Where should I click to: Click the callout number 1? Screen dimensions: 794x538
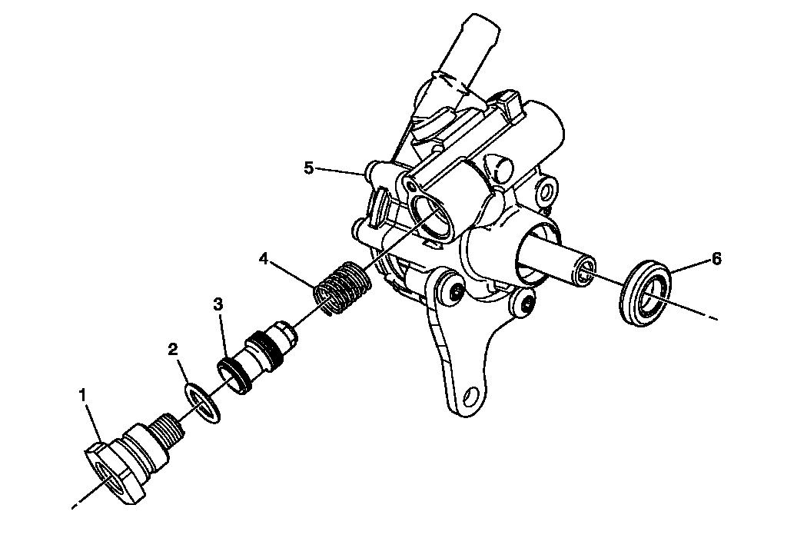coord(83,395)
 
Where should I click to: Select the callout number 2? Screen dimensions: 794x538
coord(173,349)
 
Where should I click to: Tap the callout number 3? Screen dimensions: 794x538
coord(218,304)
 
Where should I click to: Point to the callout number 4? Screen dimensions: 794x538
coord(263,259)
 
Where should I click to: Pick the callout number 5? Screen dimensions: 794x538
coord(309,168)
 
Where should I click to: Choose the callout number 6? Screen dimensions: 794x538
coord(716,259)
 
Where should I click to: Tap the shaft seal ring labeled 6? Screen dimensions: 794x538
coord(645,294)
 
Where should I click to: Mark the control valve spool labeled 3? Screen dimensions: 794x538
coord(258,357)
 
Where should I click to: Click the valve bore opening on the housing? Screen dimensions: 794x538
coord(430,216)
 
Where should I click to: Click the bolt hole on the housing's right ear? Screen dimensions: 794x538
coord(546,191)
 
